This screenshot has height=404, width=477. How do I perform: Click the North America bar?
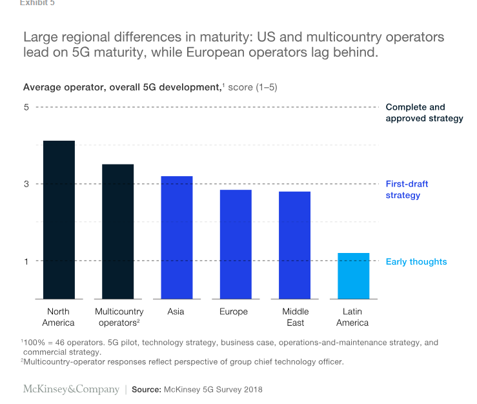59,219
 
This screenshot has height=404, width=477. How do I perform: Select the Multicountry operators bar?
118,231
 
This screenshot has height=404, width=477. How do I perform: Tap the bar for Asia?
177,237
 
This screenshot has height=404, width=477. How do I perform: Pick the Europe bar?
236,244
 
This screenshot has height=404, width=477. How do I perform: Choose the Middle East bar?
295,245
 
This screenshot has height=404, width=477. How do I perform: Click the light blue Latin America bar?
354,276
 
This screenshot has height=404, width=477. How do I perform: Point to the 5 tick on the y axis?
26,107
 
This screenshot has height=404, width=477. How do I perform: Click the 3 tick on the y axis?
26,184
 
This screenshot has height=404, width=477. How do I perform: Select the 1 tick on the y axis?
26,261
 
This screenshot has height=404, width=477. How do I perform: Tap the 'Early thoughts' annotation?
416,261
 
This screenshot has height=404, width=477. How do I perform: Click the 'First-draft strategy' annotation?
407,190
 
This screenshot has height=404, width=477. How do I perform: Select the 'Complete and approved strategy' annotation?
424,113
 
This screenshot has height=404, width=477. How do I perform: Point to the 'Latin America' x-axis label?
352,317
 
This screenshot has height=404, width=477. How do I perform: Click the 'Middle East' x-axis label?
296,317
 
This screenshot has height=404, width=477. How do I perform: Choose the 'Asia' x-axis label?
176,312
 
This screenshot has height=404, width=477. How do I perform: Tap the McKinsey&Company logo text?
71,389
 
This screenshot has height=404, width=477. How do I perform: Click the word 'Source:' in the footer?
147,390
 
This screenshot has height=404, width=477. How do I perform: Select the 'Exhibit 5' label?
37,3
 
